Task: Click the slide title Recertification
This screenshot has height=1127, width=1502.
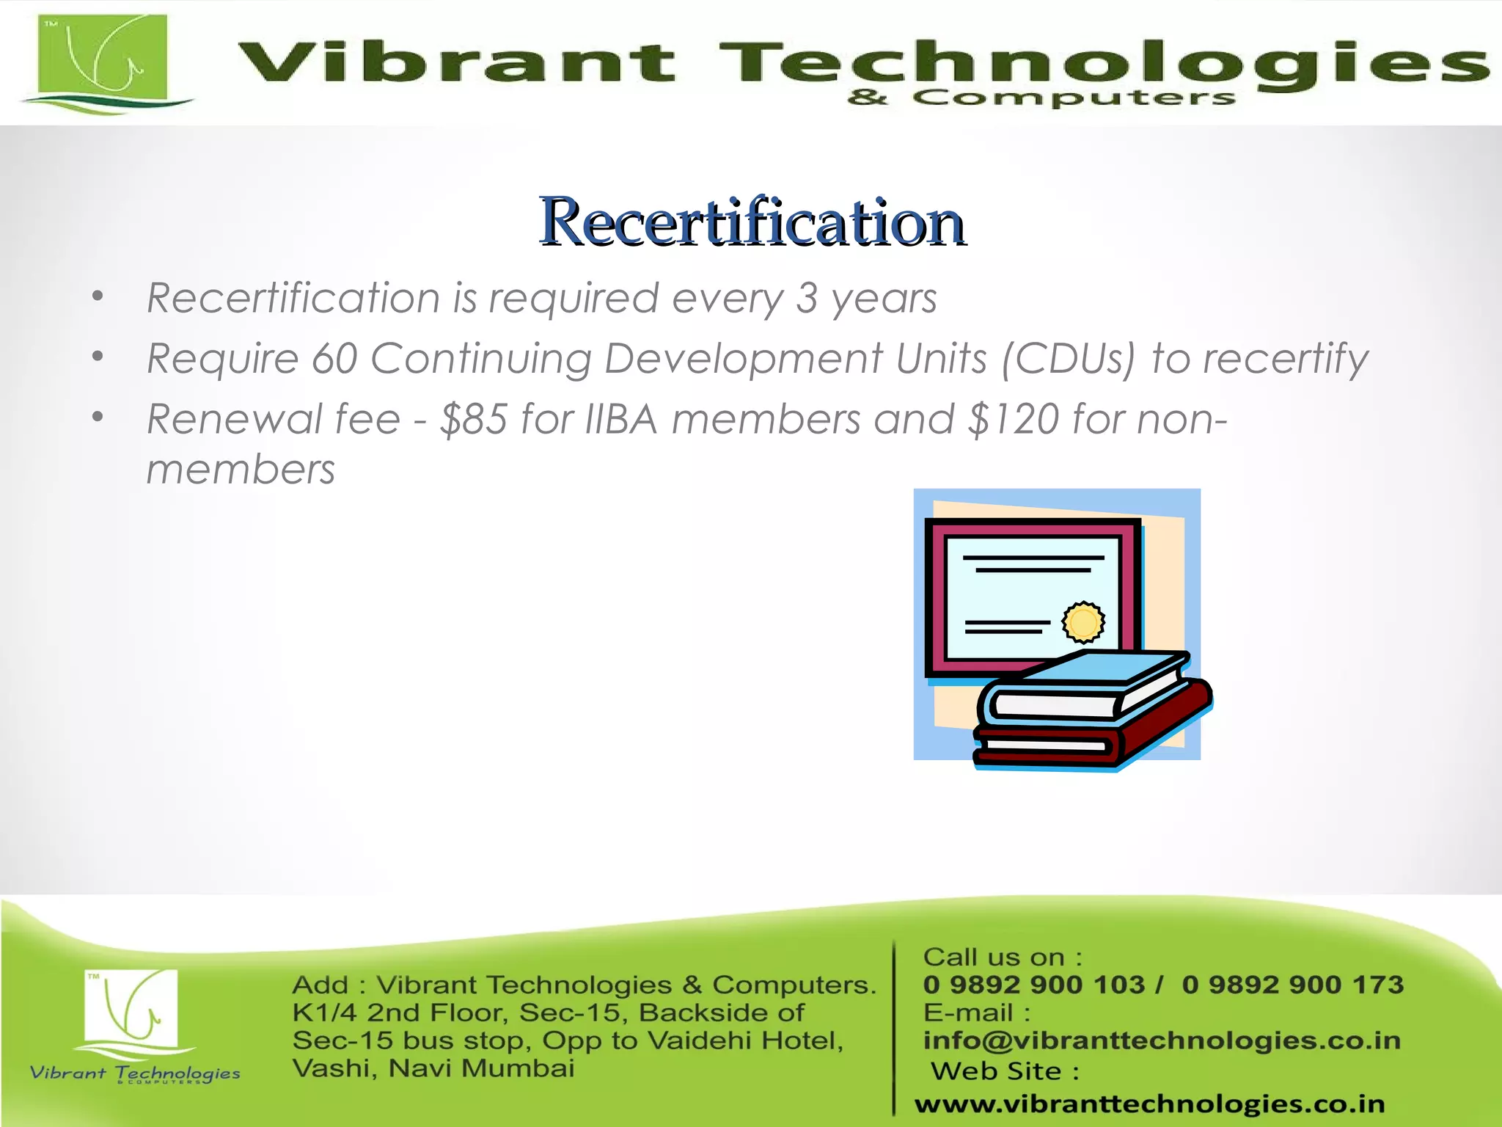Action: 752,222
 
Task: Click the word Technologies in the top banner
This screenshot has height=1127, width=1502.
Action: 1100,62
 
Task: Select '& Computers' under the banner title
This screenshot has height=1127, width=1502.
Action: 1041,98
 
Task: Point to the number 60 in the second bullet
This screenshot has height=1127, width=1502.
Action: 334,359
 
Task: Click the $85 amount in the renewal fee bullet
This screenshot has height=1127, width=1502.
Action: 473,419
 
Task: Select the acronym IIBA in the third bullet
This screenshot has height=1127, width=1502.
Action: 621,419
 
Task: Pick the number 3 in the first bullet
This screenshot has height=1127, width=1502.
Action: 807,298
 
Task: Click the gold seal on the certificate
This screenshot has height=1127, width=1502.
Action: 1083,622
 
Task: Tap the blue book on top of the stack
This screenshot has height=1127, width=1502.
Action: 1085,686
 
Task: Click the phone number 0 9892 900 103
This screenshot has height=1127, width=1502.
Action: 1034,985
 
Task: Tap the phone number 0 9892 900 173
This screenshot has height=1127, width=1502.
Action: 1292,985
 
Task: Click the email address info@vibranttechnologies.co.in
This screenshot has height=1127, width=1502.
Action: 1162,1040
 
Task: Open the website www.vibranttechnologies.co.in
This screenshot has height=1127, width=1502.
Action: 1149,1104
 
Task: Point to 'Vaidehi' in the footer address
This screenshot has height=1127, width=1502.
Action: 703,1040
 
